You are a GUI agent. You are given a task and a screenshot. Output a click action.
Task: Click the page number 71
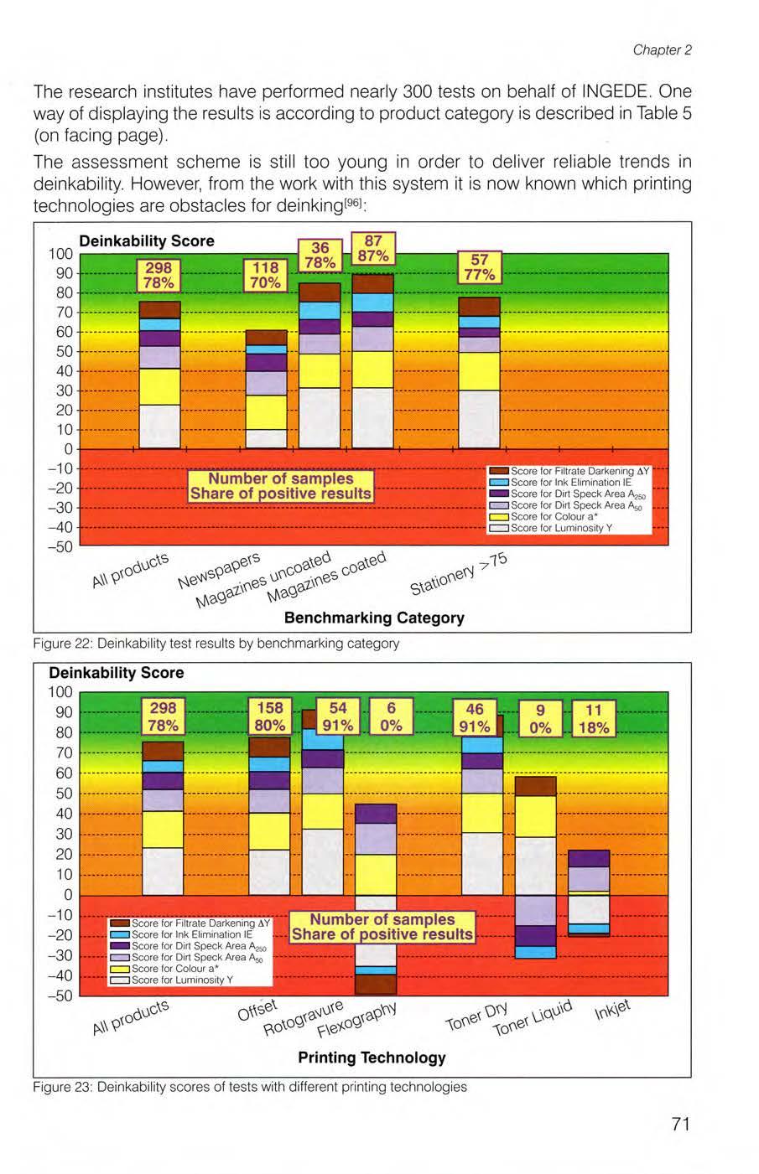[x=680, y=1124]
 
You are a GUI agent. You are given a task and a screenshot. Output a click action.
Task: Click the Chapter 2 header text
[x=662, y=49]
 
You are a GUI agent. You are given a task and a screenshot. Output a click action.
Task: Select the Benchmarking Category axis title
[x=374, y=618]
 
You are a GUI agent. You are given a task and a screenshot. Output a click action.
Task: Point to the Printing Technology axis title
[x=372, y=1057]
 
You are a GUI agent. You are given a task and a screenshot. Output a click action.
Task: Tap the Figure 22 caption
[x=216, y=644]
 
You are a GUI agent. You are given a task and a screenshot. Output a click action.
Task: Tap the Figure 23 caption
[x=250, y=1087]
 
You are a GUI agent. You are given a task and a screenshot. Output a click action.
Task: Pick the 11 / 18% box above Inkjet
[x=594, y=718]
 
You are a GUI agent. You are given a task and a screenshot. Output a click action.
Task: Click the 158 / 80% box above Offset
[x=270, y=716]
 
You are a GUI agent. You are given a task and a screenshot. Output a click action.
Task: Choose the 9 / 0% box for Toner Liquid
[x=541, y=718]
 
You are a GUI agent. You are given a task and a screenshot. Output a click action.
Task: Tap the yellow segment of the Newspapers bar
[x=266, y=411]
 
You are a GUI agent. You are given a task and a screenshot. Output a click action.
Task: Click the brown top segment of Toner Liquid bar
[x=535, y=786]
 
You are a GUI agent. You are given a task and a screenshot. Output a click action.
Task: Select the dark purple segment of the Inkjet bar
[x=589, y=858]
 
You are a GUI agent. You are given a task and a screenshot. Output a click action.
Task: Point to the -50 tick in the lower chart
[x=63, y=996]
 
